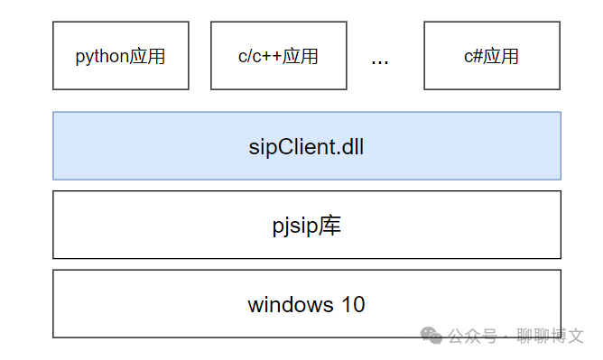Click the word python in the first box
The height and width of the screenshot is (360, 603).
101,57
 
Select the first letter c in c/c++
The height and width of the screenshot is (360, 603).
243,57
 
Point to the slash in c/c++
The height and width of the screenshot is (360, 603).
250,57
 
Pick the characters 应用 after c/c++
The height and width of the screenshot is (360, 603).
300,57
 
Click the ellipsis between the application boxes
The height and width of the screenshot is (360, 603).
380,60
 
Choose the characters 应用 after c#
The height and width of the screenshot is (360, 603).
501,57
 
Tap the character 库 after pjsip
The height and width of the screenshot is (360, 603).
330,226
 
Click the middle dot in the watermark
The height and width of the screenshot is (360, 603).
506,337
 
